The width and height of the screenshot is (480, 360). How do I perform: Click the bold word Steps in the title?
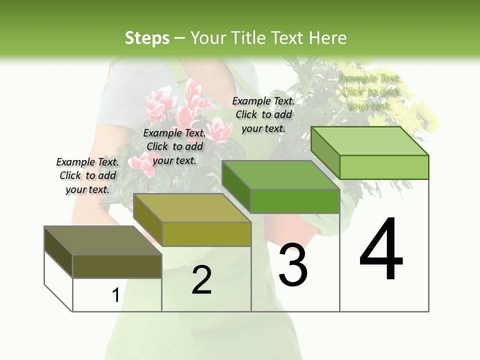point(147,38)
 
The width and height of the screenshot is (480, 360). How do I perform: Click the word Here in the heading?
point(328,38)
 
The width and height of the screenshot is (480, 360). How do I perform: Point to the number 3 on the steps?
point(293,265)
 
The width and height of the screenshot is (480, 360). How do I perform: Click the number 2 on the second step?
point(201,280)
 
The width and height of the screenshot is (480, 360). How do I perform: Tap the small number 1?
point(115,295)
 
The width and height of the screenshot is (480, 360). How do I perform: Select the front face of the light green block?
point(384,167)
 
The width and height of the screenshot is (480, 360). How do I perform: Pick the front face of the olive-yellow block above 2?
point(206,234)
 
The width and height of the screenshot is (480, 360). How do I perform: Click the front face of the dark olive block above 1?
point(117,266)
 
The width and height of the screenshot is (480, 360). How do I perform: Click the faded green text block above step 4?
point(369,92)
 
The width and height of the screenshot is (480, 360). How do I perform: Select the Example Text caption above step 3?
point(263,114)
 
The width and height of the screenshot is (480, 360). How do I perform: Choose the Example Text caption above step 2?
point(174,146)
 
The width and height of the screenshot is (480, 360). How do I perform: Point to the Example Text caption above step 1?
point(87,175)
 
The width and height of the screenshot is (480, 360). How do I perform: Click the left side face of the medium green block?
point(236,186)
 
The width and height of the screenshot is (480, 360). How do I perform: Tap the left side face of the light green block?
point(325,152)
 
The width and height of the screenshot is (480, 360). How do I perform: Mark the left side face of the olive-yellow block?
point(147,219)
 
